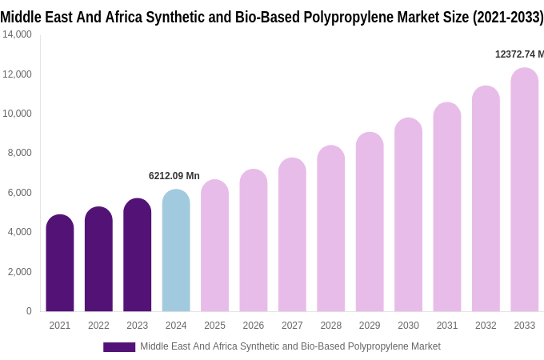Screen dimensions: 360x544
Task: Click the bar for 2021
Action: (60, 263)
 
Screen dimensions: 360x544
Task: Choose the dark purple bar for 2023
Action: (138, 255)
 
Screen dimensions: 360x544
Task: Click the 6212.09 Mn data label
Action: (174, 176)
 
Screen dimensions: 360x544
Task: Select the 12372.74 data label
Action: (519, 54)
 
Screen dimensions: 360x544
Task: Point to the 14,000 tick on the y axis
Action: (17, 34)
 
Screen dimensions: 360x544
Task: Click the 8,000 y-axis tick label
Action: (19, 153)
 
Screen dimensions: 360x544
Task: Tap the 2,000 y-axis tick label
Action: (19, 272)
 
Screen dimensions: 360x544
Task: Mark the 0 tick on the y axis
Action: (29, 311)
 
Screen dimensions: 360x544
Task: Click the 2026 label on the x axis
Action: (254, 326)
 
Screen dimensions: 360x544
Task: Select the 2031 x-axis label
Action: (447, 326)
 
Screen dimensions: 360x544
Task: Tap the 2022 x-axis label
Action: (98, 326)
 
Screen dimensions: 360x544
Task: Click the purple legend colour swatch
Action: (119, 347)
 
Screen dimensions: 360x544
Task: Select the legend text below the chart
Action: (290, 346)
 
